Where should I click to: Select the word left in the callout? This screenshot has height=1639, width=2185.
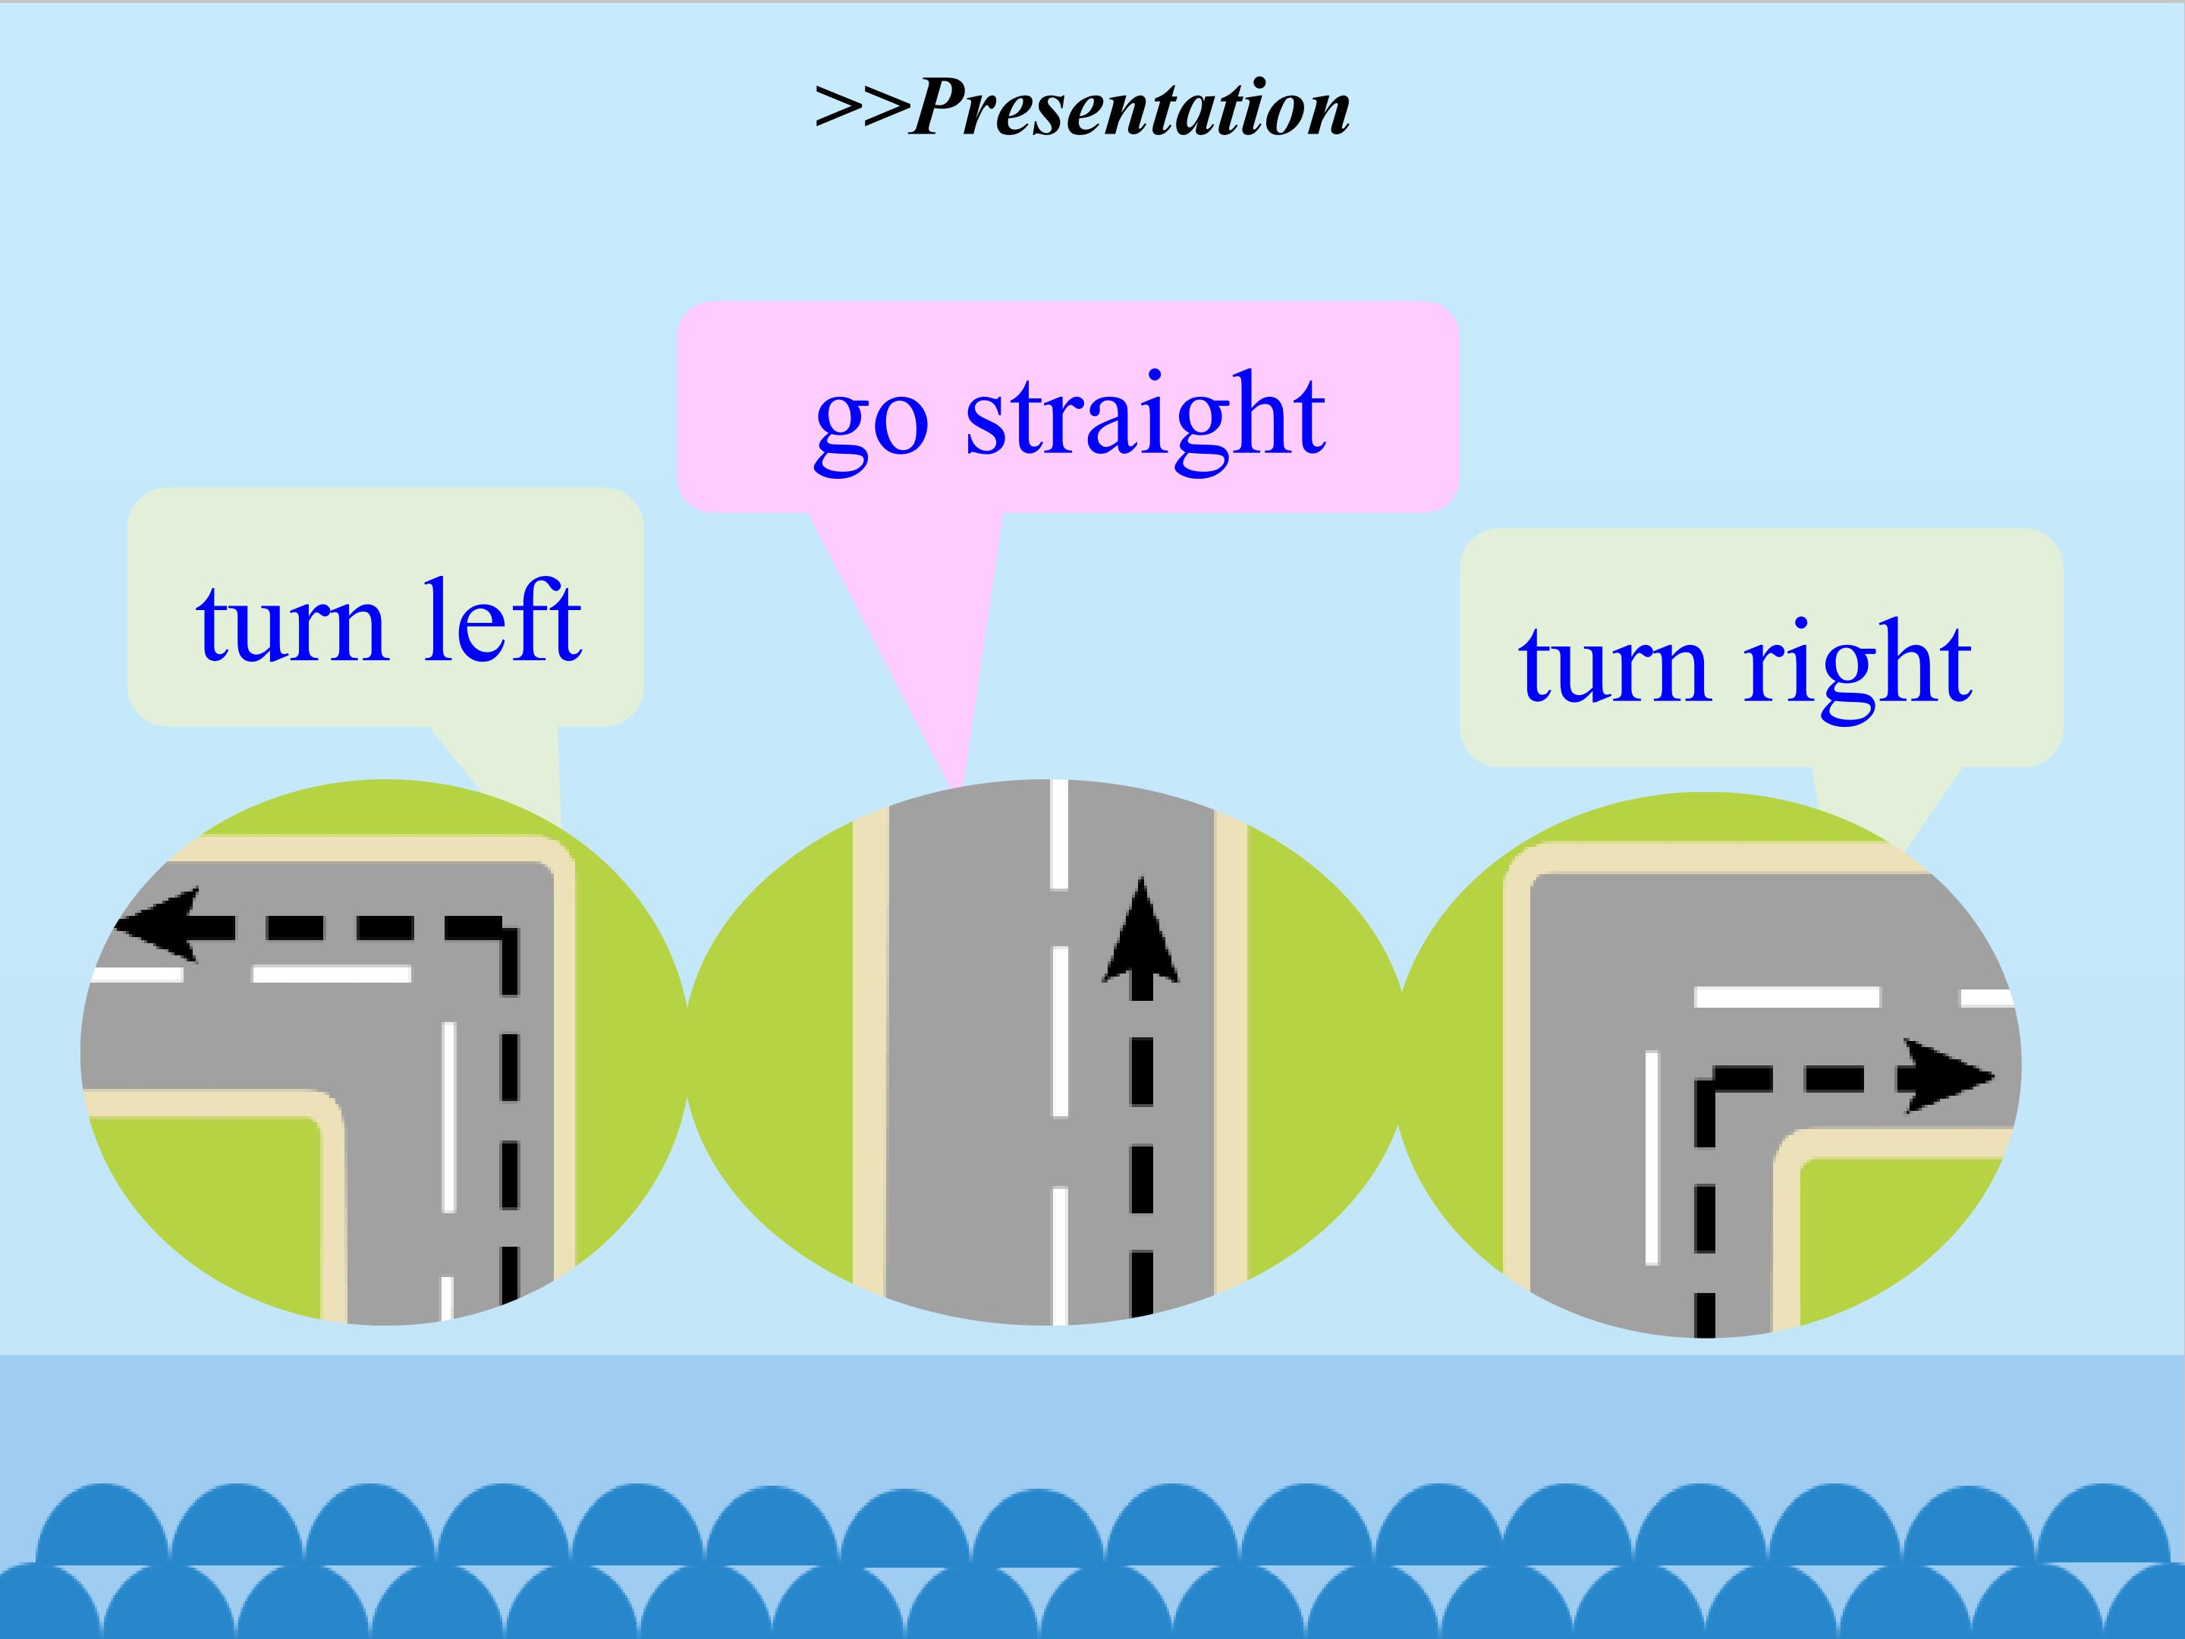501,621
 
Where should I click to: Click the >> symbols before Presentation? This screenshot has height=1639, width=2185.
860,108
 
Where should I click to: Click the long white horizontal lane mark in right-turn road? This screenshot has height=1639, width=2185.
1787,997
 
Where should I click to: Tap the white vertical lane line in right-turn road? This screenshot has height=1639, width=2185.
1652,1158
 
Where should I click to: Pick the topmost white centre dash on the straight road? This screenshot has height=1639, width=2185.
1059,835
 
